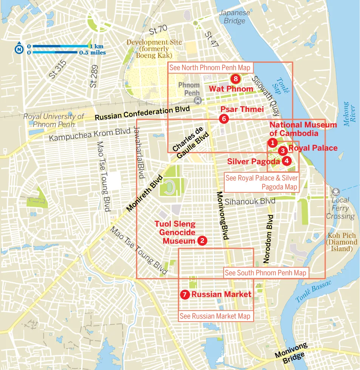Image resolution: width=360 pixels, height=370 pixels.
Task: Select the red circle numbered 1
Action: (x=272, y=142)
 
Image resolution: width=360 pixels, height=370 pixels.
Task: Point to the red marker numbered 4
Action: (x=287, y=161)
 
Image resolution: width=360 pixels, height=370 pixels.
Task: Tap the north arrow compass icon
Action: (x=18, y=49)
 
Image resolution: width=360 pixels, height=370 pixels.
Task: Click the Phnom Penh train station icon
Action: (x=197, y=100)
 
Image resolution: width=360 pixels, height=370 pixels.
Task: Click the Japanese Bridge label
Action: (x=235, y=17)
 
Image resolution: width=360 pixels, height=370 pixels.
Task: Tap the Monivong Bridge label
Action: (x=291, y=353)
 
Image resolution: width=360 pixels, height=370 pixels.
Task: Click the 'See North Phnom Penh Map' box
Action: (x=210, y=68)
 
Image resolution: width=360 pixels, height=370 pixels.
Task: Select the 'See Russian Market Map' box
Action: (x=215, y=316)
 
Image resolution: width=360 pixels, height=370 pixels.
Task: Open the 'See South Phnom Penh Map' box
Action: (x=265, y=273)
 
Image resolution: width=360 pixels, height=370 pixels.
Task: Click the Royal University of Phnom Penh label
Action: (x=53, y=120)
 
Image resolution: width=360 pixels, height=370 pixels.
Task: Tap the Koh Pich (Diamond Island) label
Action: (x=341, y=242)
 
